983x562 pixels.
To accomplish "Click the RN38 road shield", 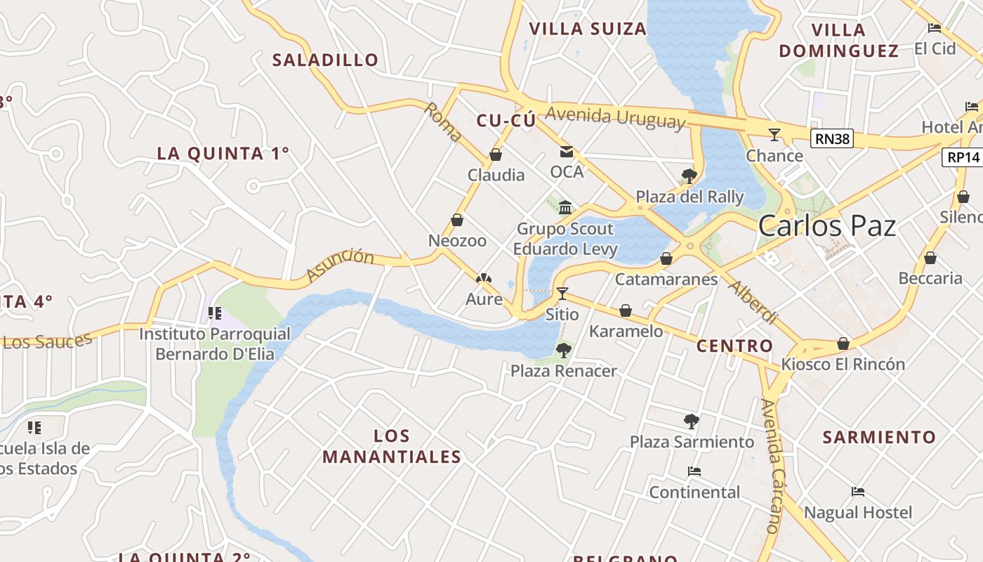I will pos(832,138).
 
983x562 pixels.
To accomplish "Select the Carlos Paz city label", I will pos(826,226).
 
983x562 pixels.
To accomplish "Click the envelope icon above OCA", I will pos(566,152).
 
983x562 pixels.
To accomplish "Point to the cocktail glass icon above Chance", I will pos(774,134).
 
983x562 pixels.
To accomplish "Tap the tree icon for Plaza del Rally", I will pos(689,176).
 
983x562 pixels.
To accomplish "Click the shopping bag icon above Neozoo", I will pos(457,221).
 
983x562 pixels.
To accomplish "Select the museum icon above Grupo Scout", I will pos(565,207).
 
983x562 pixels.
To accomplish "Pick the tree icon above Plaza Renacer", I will pos(563,350).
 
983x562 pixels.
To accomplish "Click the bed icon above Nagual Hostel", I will pos(857,492).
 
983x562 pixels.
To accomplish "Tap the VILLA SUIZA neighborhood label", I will pos(587,29).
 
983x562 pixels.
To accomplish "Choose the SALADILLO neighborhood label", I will pos(325,60).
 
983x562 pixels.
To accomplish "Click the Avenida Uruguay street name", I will pos(615,117).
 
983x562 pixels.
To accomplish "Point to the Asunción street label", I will pos(340,266).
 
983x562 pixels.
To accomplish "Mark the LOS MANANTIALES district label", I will pos(392,446).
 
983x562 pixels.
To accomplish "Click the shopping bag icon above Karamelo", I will pos(626,311).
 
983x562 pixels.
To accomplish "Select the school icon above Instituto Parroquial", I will pos(215,313).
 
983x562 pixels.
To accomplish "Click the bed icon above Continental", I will pos(694,471).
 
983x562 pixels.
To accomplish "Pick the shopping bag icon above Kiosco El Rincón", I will pos(843,344).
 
